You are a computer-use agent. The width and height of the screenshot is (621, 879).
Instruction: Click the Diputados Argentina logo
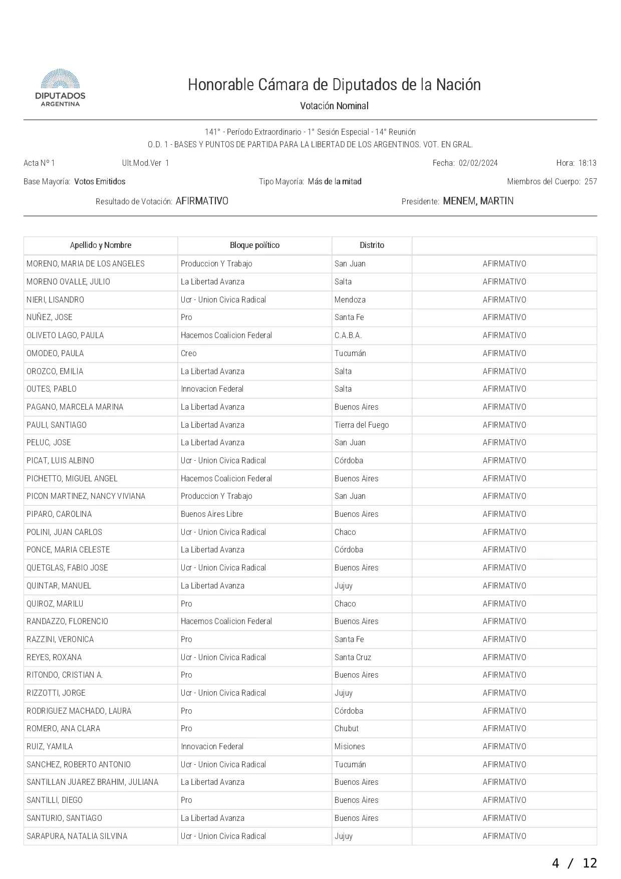point(60,88)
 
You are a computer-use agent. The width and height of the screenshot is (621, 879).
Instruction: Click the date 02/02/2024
point(478,163)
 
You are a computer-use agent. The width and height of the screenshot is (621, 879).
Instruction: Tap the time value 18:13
point(587,163)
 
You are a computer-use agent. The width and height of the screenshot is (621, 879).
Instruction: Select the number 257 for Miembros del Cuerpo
point(590,182)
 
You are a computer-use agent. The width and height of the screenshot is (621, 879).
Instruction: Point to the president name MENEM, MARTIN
point(478,201)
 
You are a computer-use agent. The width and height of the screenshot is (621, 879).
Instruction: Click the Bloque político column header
point(254,245)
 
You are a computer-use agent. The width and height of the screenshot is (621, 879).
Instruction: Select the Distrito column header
point(372,245)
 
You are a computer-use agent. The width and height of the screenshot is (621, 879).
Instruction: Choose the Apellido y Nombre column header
point(101,245)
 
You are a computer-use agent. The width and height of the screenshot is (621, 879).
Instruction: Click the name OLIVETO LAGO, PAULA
point(65,336)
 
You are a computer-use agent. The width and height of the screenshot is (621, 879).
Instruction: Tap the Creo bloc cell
point(189,354)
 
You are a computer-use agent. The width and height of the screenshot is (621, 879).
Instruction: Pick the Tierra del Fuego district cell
point(362,425)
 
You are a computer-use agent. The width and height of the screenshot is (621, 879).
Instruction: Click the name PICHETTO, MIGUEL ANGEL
point(72,479)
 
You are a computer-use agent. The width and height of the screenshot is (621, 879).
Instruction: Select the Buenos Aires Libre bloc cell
point(211,514)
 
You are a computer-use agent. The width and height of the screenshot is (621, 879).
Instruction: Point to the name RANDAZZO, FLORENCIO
point(67,622)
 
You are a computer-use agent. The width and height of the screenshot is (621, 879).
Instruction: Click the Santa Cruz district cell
point(353,658)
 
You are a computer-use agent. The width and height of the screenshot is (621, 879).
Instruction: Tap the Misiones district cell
point(350,747)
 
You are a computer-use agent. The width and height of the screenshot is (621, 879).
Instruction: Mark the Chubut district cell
point(347,729)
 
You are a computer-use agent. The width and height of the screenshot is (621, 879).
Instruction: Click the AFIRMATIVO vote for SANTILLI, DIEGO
point(504,800)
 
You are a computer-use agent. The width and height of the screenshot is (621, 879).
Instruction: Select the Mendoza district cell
point(350,300)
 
